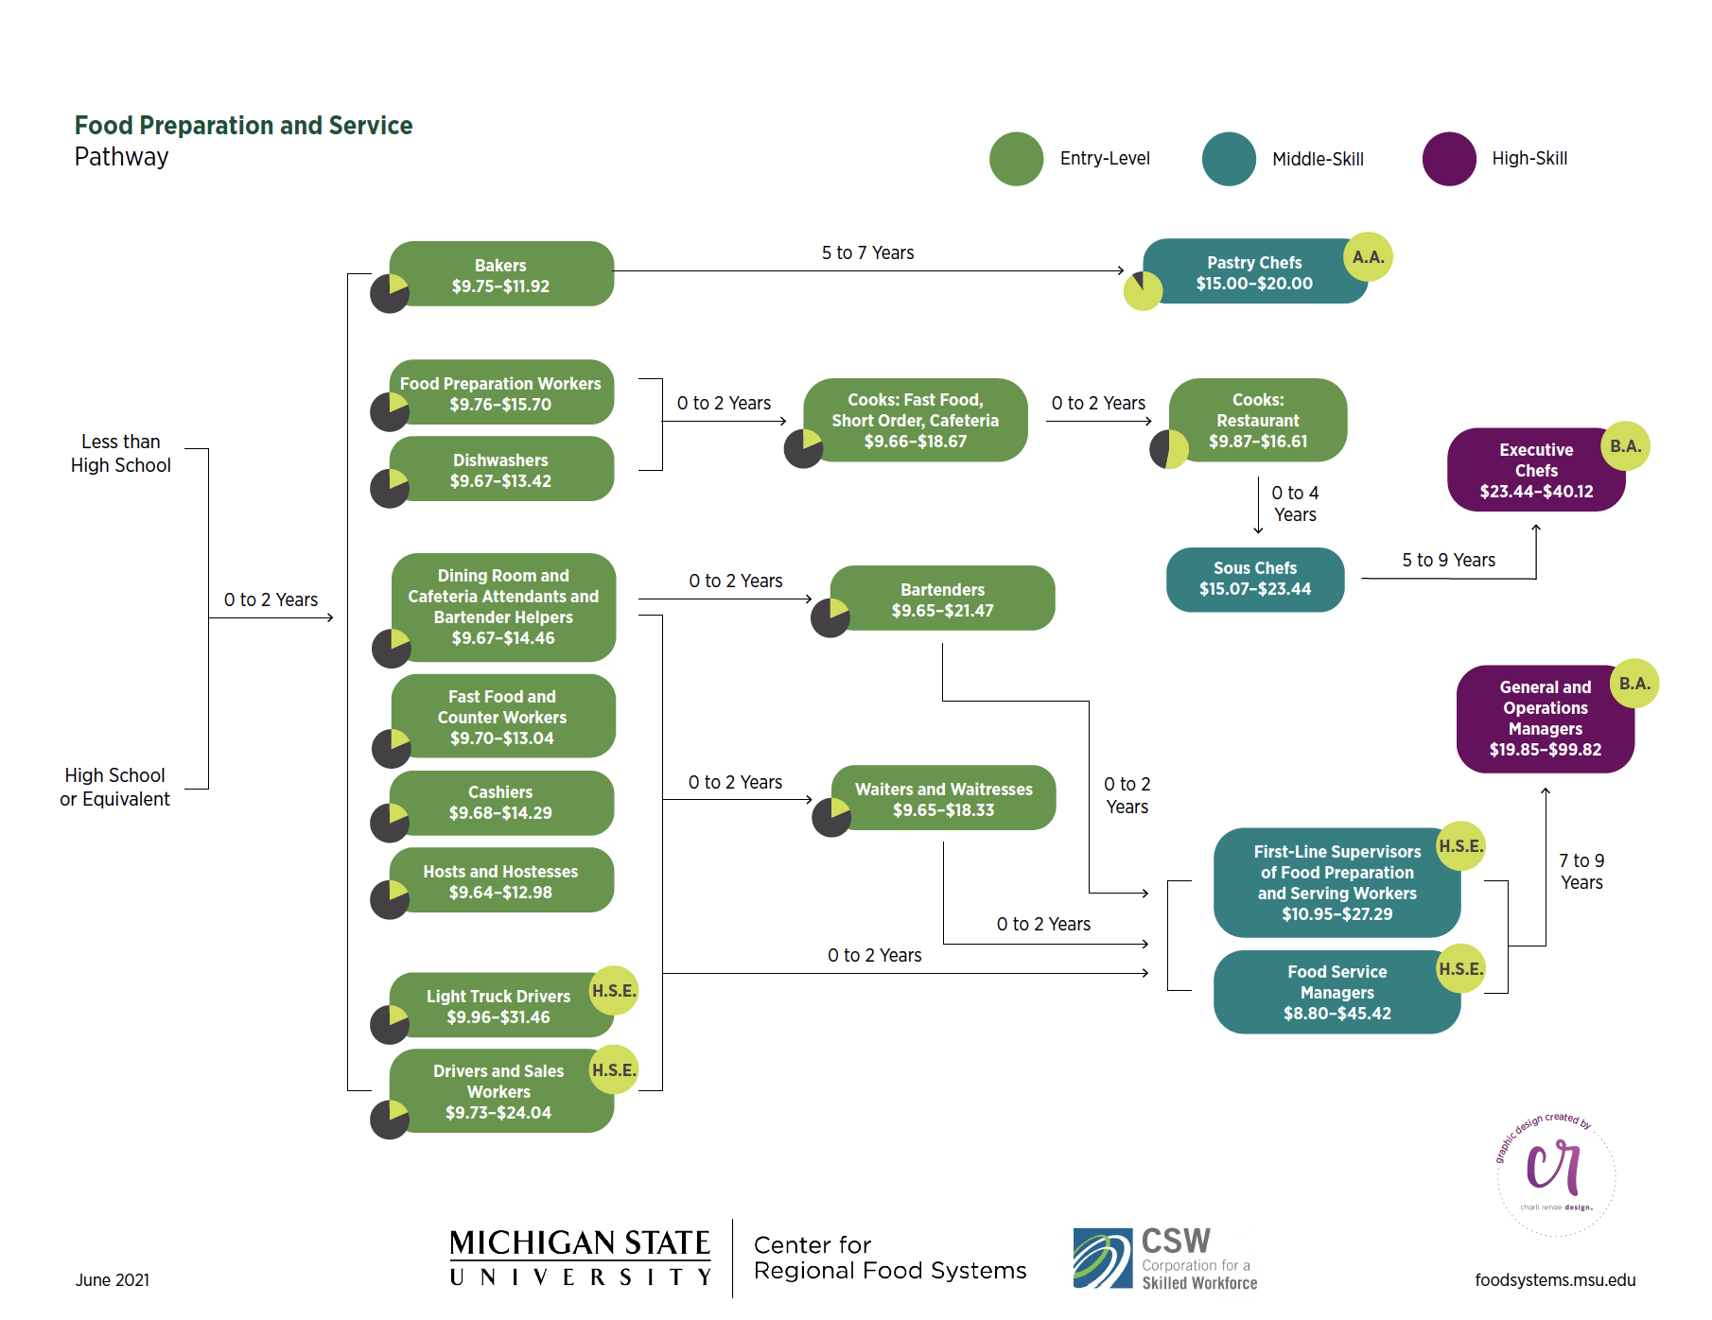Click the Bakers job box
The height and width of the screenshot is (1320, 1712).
coord(500,274)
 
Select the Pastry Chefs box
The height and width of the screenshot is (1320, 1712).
coord(1253,272)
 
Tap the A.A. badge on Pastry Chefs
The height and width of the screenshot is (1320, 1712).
coord(1368,256)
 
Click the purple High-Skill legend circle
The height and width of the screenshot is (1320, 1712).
coord(1448,159)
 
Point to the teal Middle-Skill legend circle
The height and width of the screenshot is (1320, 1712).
coord(1228,159)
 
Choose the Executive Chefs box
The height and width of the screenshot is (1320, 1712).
coord(1535,471)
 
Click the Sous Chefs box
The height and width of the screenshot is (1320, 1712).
coord(1254,579)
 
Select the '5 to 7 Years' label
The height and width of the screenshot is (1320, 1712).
coord(867,252)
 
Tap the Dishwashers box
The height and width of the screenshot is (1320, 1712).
coord(500,470)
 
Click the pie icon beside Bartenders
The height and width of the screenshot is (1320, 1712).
coord(830,617)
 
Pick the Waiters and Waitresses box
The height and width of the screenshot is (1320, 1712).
coord(943,799)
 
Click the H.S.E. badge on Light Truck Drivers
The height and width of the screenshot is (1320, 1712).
coord(614,990)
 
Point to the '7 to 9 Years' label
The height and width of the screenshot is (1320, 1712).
coord(1581,871)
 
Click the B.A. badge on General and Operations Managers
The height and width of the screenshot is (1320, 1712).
coord(1633,683)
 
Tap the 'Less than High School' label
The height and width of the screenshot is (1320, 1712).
coord(121,453)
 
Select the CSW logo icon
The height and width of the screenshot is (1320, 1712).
coord(1102,1258)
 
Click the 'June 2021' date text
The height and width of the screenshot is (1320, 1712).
coord(113,1279)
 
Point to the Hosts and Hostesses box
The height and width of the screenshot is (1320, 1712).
coord(500,881)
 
